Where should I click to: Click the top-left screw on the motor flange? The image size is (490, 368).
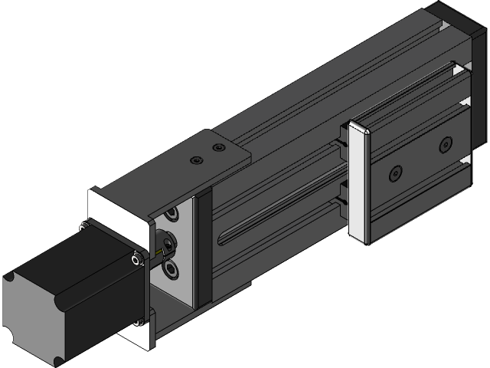pyautogui.click(x=81, y=225)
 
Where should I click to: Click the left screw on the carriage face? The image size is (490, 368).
pyautogui.click(x=395, y=174)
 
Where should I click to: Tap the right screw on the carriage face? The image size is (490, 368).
pyautogui.click(x=446, y=145)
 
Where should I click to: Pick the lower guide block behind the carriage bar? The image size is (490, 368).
pyautogui.click(x=341, y=201)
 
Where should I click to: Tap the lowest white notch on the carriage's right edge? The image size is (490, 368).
pyautogui.click(x=464, y=162)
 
